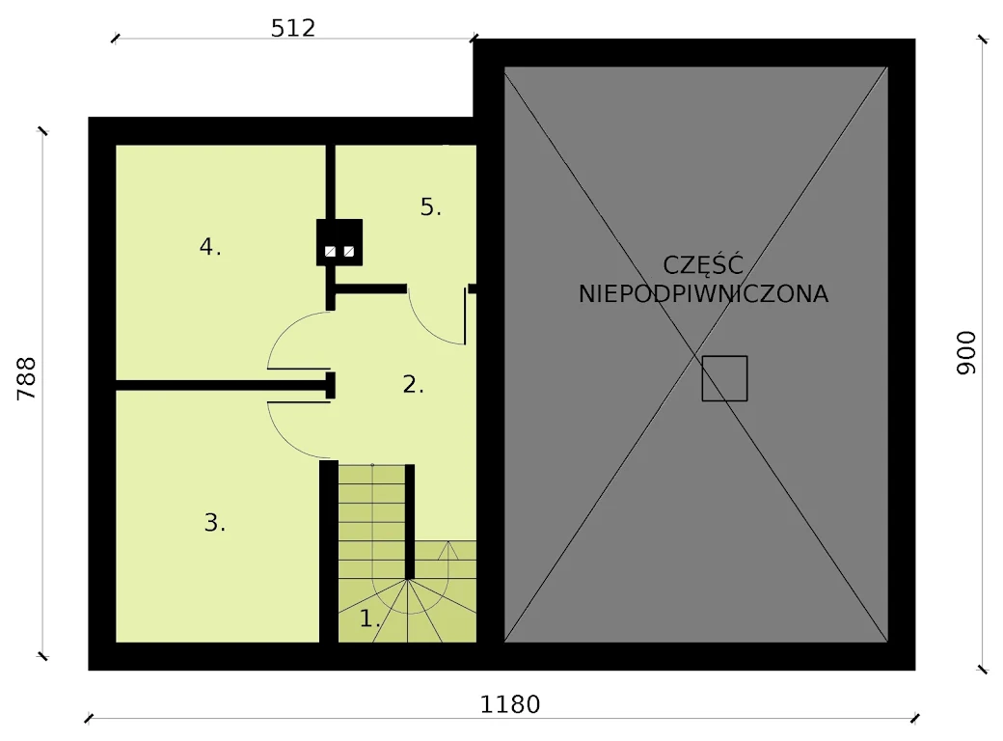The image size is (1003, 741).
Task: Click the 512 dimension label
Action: [293, 28]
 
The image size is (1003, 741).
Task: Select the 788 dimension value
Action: [26, 379]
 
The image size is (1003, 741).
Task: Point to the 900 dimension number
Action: [966, 353]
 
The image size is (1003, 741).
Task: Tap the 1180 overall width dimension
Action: [510, 704]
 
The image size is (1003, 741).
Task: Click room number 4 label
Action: [210, 246]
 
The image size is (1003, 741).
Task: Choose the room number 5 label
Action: [430, 206]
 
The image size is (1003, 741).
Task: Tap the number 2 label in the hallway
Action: [413, 384]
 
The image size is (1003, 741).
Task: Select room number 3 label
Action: [214, 523]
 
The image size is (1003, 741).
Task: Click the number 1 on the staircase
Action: [369, 618]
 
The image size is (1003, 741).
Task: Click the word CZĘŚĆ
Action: [703, 265]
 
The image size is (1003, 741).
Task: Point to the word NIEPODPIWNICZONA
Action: [703, 294]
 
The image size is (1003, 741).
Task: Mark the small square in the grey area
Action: [724, 378]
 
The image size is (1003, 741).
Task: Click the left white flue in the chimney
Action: [330, 252]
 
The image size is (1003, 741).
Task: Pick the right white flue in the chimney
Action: [348, 252]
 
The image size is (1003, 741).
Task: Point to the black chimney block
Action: [339, 242]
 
